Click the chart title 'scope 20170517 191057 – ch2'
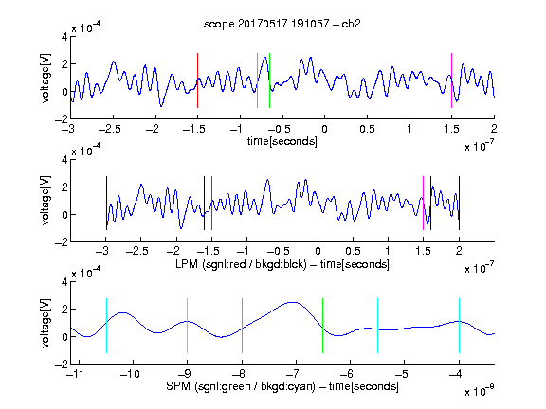pyautogui.click(x=282, y=24)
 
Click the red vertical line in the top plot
pyautogui.click(x=197, y=80)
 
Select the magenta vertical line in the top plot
pyautogui.click(x=451, y=80)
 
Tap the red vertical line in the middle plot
pyautogui.click(x=211, y=204)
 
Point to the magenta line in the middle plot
pyautogui.click(x=423, y=204)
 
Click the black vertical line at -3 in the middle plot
pyautogui.click(x=106, y=204)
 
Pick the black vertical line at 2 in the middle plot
pyautogui.click(x=459, y=204)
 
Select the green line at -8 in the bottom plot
pyautogui.click(x=242, y=326)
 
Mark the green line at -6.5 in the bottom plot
pyautogui.click(x=323, y=326)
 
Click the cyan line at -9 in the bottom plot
pyautogui.click(x=187, y=326)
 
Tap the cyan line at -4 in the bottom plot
pyautogui.click(x=459, y=326)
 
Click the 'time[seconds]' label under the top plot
pyautogui.click(x=282, y=141)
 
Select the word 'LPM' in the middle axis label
pyautogui.click(x=187, y=264)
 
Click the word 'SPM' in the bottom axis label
pyautogui.click(x=178, y=386)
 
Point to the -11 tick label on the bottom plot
pyautogui.click(x=76, y=374)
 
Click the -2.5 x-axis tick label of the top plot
pyautogui.click(x=110, y=129)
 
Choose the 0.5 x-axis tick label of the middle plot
pyautogui.click(x=353, y=251)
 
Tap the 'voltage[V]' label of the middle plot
pyautogui.click(x=45, y=201)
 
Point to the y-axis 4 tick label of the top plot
pyautogui.click(x=64, y=37)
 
